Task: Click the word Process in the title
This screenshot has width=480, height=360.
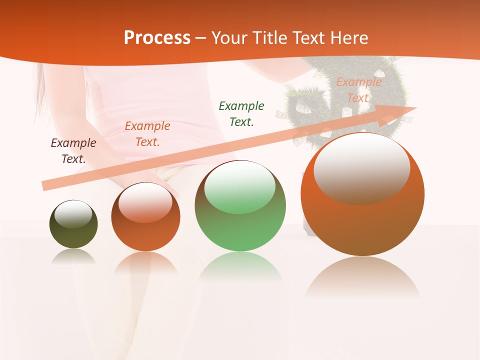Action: (157, 38)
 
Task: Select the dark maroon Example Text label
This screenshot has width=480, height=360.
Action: (73, 151)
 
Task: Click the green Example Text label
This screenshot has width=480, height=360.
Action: (241, 113)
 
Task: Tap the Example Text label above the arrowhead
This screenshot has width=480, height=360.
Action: (358, 90)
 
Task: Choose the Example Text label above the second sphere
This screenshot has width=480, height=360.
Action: (147, 133)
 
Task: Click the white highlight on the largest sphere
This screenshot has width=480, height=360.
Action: (361, 167)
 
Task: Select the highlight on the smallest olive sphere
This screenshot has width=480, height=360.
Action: (73, 214)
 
